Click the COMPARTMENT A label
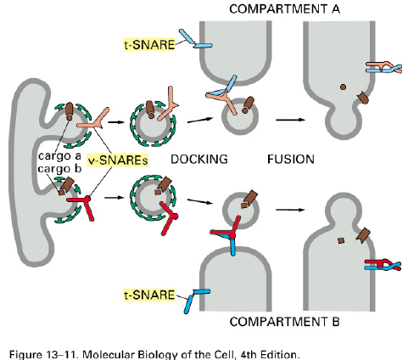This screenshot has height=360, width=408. click(284, 8)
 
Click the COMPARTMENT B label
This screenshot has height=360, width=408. click(284, 322)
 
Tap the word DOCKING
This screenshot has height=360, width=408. click(199, 159)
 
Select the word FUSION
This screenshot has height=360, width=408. click(291, 159)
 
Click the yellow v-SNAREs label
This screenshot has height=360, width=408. click(118, 160)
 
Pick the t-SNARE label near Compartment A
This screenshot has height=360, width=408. click(149, 44)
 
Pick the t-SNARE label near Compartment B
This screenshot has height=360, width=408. click(149, 295)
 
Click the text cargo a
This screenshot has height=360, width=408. click(59, 155)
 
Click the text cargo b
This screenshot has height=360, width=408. click(59, 169)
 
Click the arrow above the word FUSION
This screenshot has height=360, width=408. click(290, 120)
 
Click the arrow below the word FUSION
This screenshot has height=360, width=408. click(290, 210)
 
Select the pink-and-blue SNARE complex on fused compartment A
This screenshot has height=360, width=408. click(383, 68)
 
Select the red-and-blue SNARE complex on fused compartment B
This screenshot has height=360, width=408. click(383, 265)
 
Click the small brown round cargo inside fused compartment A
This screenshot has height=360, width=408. click(343, 87)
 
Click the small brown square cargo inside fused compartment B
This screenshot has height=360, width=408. click(341, 240)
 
